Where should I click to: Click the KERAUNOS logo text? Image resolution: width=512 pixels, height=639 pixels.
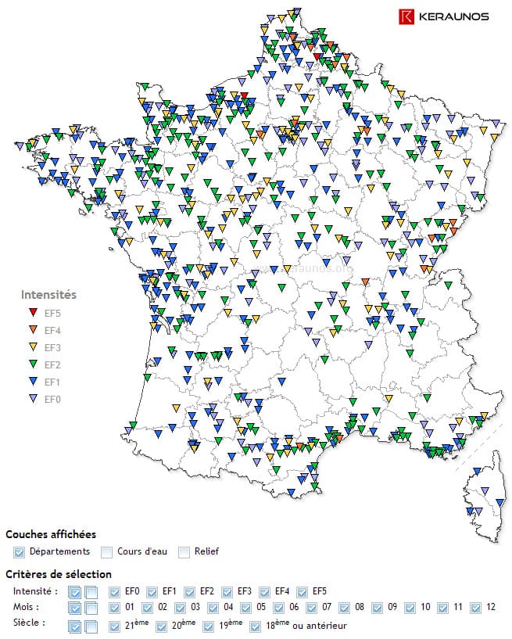[x=453, y=16]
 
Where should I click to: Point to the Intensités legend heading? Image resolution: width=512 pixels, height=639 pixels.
[x=48, y=295]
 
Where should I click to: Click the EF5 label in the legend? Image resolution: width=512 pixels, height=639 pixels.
[x=52, y=313]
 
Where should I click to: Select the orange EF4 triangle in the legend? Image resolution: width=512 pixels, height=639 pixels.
[x=32, y=330]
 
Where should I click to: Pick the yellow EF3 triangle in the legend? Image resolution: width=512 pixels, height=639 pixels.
[x=32, y=347]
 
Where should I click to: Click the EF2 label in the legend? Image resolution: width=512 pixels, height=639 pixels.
[x=52, y=364]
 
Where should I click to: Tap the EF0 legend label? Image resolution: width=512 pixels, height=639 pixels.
[x=52, y=399]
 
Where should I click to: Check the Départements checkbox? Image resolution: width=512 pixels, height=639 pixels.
[x=20, y=552]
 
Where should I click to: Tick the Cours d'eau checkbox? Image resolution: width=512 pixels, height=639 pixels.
[x=108, y=552]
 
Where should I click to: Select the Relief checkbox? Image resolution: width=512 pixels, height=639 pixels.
[x=184, y=552]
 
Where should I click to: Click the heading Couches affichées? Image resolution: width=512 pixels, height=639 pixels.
[x=51, y=534]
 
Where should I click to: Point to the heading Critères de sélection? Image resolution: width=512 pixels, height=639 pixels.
[x=59, y=574]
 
